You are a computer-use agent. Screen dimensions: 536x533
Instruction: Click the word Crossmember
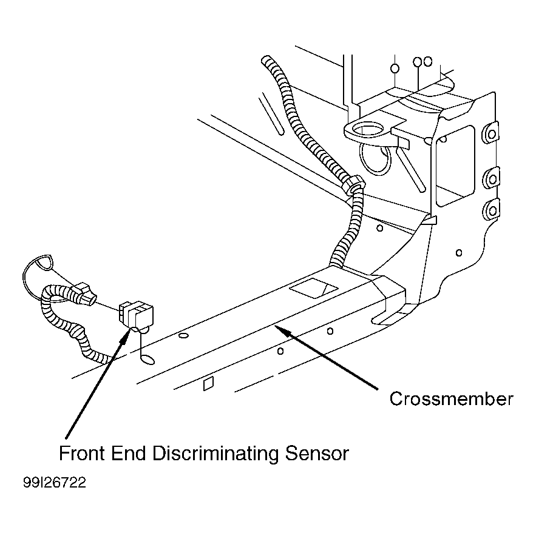451,399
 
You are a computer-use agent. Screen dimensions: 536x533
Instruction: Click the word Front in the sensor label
82,454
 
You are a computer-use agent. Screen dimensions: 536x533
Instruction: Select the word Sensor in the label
317,454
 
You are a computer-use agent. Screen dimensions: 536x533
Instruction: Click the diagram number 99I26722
55,483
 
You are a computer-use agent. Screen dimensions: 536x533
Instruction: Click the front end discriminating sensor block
137,316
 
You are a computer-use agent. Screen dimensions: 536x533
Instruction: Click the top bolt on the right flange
491,133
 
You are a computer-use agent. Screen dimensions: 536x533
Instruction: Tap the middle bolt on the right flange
492,179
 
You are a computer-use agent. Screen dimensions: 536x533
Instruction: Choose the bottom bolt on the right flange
492,210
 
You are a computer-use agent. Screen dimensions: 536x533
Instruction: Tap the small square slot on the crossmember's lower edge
208,383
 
